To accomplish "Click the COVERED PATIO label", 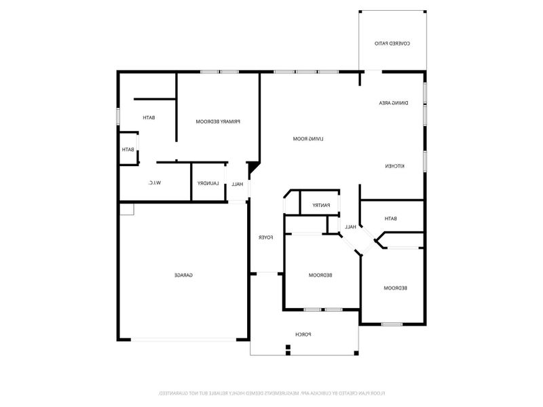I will [x=392, y=43].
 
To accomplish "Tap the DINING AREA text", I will [x=394, y=102].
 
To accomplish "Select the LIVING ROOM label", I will [x=308, y=138].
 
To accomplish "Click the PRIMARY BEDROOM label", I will [x=219, y=121].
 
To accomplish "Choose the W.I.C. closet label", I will [x=154, y=183].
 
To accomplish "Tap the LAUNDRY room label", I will [x=207, y=184].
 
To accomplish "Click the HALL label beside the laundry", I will [x=238, y=184].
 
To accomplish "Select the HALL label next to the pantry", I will [x=350, y=227].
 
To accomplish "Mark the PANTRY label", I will [x=321, y=205].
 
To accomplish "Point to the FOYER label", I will [x=265, y=237].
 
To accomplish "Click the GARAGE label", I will [x=184, y=275].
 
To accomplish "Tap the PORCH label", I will [x=303, y=334].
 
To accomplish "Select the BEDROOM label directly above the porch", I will [x=320, y=275].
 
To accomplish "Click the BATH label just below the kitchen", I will [x=390, y=218].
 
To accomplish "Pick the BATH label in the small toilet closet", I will [x=128, y=150].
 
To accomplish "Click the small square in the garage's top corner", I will [x=127, y=210].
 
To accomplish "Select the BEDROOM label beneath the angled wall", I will [x=395, y=288].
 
